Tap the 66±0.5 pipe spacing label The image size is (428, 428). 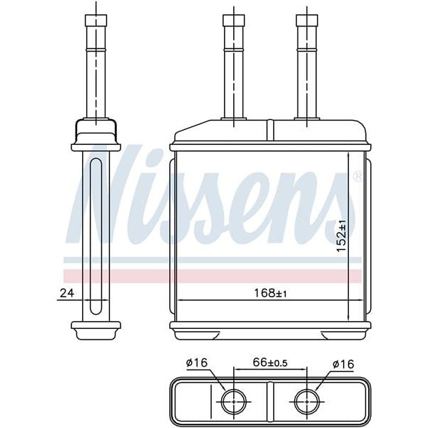coord(270,364)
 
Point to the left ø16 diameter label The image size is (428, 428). coord(197,364)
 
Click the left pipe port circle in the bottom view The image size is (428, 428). coord(233,402)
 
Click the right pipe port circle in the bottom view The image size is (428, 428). coord(307,402)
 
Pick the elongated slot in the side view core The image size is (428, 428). coord(95,235)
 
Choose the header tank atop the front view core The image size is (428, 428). coord(270,131)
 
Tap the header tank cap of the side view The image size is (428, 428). coord(95,132)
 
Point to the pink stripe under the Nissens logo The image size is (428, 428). coord(214,275)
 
